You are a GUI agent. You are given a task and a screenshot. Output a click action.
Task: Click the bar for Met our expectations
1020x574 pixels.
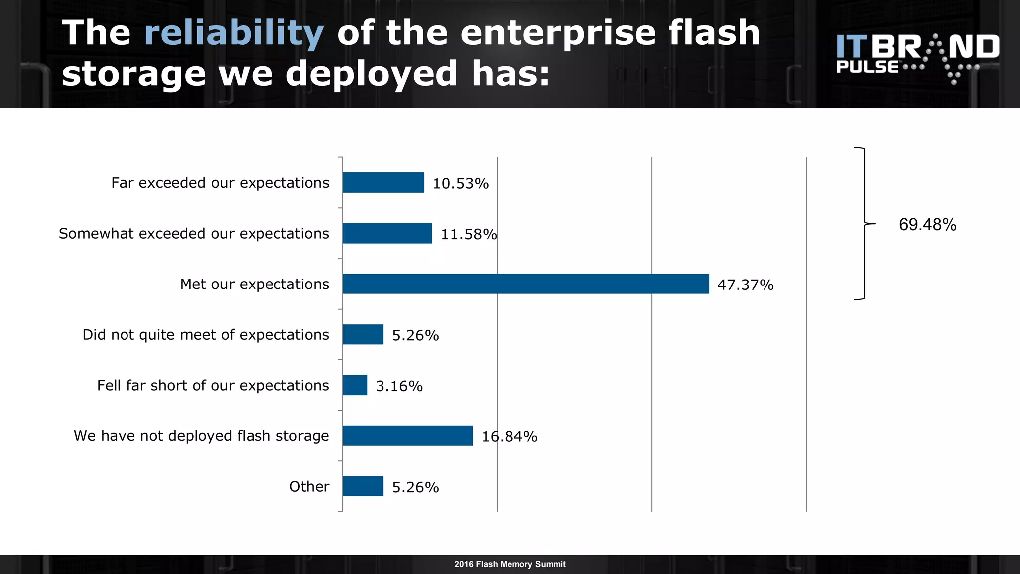tap(525, 284)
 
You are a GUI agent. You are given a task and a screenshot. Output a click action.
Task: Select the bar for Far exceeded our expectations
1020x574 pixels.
tap(383, 183)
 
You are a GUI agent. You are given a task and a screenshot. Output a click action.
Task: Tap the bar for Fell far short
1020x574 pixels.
tap(355, 385)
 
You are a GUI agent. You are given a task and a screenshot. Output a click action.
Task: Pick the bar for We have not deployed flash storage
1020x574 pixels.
tap(407, 436)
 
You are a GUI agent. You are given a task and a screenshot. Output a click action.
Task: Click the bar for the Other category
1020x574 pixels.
tap(363, 486)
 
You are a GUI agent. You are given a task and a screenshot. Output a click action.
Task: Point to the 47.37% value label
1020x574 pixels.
tap(745, 285)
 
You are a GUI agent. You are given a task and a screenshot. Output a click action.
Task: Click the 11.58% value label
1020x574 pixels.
tap(469, 234)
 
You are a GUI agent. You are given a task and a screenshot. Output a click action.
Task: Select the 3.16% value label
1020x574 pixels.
tap(399, 386)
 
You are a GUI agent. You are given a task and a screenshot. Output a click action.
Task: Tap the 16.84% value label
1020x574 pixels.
tap(510, 437)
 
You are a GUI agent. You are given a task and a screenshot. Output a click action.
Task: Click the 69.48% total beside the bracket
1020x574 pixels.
tap(927, 225)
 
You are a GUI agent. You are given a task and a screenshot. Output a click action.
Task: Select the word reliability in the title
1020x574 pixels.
tap(234, 33)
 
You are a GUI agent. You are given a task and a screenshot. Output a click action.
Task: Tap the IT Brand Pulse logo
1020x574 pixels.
tap(917, 57)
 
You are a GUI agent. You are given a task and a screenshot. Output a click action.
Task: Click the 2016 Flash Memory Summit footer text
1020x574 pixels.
tap(510, 564)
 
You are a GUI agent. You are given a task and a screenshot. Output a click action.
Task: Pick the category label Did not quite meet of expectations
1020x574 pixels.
tap(206, 335)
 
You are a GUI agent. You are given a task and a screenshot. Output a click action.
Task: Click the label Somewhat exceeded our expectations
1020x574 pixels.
tap(194, 234)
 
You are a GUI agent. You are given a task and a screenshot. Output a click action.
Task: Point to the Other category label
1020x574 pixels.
tap(309, 487)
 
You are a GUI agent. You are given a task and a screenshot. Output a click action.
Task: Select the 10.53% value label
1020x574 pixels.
tap(460, 184)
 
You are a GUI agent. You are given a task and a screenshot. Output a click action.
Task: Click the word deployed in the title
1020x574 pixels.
tap(371, 74)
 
